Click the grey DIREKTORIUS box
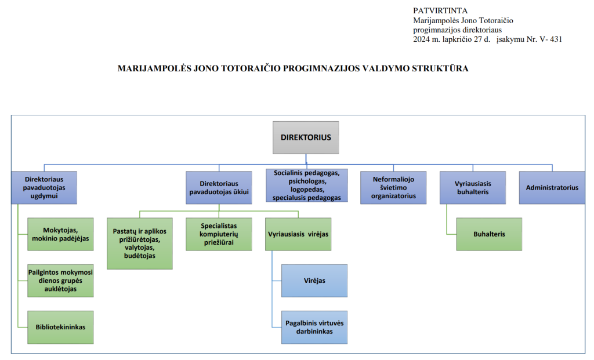point(306,138)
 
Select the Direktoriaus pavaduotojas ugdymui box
point(44,187)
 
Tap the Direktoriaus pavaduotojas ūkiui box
point(219,187)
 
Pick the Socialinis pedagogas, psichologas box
point(307,185)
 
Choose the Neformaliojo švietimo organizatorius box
point(393,187)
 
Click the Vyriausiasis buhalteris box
point(472,187)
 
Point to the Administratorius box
point(552,187)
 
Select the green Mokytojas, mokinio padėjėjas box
point(60,234)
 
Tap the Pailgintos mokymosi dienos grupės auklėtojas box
point(60,281)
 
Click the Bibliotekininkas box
point(60,327)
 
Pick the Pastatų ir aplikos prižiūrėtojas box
point(140,243)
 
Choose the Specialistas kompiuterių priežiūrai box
point(219,234)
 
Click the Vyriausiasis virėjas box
point(298,234)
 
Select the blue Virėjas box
point(314,281)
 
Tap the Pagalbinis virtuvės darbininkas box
point(314,327)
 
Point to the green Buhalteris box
point(488,234)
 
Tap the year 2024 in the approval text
point(422,39)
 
